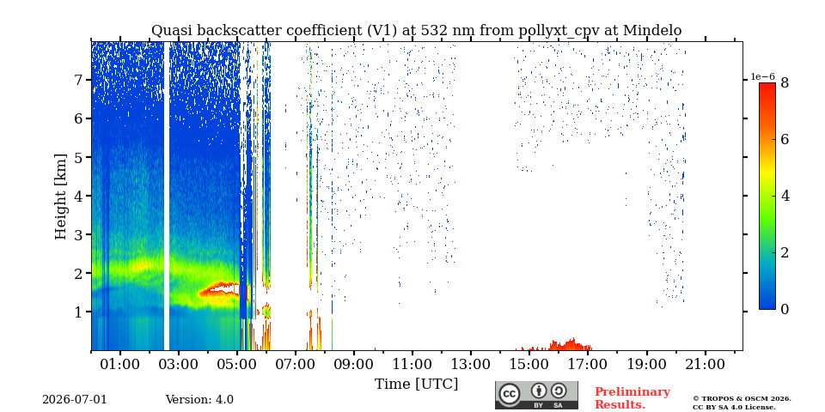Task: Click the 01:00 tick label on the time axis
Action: [120, 364]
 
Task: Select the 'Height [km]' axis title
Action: [61, 197]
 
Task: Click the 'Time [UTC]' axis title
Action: [416, 385]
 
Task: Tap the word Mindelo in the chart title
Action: [652, 31]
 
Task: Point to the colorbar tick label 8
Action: [785, 83]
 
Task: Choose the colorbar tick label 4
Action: [785, 197]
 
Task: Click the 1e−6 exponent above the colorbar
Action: [762, 76]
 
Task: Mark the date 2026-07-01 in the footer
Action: [74, 399]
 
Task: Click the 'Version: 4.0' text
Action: [199, 399]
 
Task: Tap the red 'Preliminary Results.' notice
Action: [632, 398]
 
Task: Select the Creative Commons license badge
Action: [536, 395]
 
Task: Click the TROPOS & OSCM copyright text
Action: [742, 403]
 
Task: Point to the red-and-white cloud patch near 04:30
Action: [221, 289]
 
